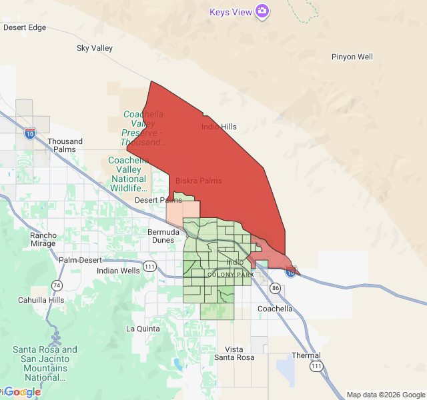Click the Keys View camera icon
pyautogui.click(x=263, y=11)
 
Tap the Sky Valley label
pyautogui.click(x=95, y=48)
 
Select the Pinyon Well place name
pyautogui.click(x=352, y=57)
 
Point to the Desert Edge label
pyautogui.click(x=25, y=27)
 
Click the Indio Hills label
pyautogui.click(x=219, y=127)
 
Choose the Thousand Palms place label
pyautogui.click(x=65, y=145)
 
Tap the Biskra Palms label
pyautogui.click(x=198, y=181)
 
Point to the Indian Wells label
pyautogui.click(x=118, y=271)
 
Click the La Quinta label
pyautogui.click(x=143, y=329)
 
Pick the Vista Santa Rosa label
pyautogui.click(x=234, y=353)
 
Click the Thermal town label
pyautogui.click(x=306, y=355)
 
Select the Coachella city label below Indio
pyautogui.click(x=275, y=309)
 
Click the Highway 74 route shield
pyautogui.click(x=57, y=285)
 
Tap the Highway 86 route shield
pyautogui.click(x=275, y=288)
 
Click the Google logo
pyautogui.click(x=22, y=392)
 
